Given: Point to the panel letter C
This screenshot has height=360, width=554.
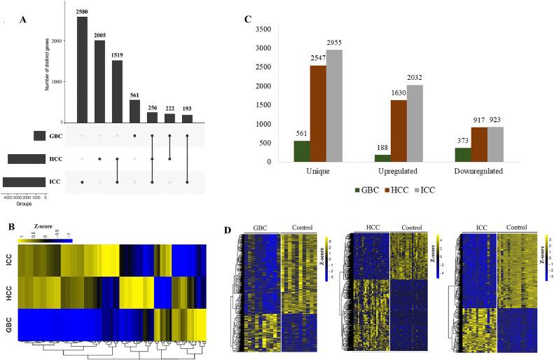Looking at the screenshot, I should pos(249,20).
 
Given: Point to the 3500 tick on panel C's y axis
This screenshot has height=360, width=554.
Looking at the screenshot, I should pos(258,29).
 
